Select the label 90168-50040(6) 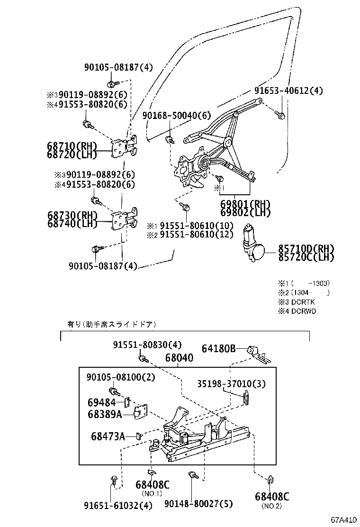pyautogui.click(x=177, y=115)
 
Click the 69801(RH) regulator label pyautogui.click(x=245, y=204)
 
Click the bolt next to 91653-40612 pyautogui.click(x=280, y=115)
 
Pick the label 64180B pyautogui.click(x=218, y=349)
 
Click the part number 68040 pyautogui.click(x=179, y=358)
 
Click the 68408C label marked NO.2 pyautogui.click(x=272, y=496)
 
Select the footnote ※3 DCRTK pyautogui.click(x=297, y=302)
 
